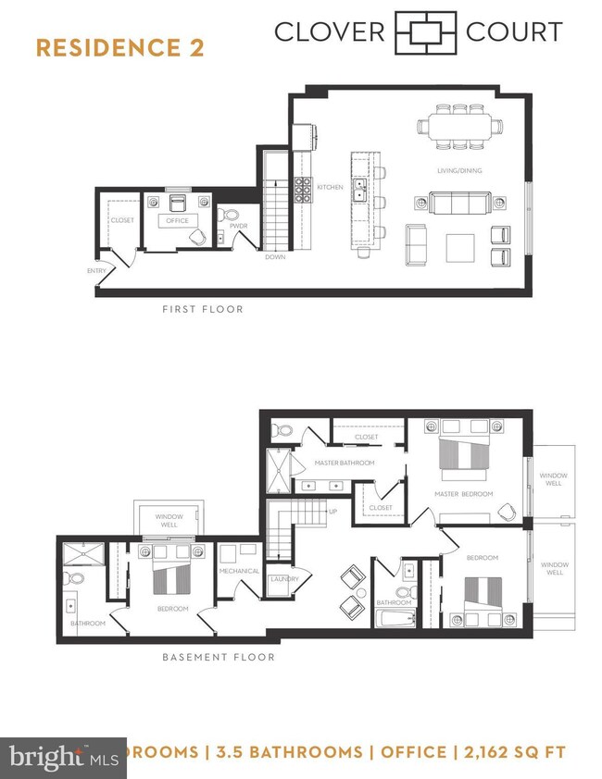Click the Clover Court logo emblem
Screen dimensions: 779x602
[x=426, y=32]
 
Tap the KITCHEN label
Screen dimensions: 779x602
[x=331, y=187]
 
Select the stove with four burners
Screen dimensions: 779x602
[x=304, y=190]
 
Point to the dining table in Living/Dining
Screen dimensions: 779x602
[x=460, y=127]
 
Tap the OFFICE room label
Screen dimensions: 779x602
[x=177, y=221]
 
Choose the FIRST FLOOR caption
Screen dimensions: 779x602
[x=202, y=310]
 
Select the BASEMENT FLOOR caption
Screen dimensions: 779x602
[x=219, y=658]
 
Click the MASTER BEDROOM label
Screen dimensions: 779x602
[x=464, y=494]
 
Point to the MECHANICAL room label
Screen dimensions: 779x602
[x=240, y=571]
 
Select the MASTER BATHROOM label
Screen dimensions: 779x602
[x=344, y=463]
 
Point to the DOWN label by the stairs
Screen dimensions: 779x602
[x=274, y=257]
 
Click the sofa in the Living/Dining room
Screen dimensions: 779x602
[x=460, y=202]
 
